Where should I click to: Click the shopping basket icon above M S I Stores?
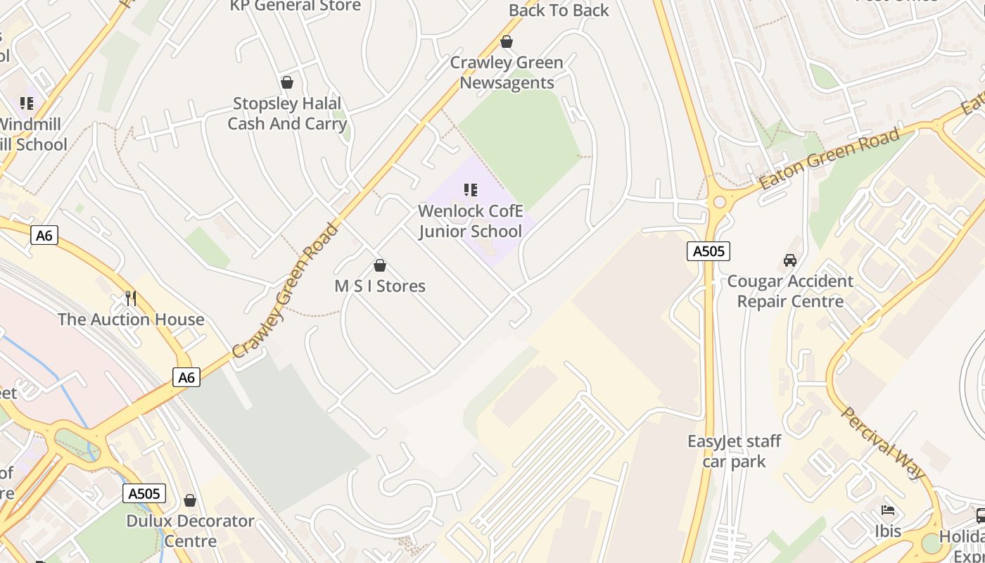[380, 265]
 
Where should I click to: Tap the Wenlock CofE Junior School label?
[471, 221]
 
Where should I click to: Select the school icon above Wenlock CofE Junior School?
[471, 189]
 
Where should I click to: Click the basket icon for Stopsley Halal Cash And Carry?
[286, 83]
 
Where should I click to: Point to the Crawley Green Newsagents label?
[507, 72]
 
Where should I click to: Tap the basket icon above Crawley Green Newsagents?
[506, 42]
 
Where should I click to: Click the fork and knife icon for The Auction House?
[130, 298]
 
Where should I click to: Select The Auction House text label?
[131, 320]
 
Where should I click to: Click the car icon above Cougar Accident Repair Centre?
[790, 260]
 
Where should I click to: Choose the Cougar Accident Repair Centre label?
[790, 291]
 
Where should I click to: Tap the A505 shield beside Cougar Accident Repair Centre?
[708, 251]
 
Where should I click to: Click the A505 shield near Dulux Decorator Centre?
[145, 493]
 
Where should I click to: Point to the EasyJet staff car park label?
[735, 452]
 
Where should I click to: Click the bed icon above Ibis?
[888, 510]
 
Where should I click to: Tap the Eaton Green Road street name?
[830, 159]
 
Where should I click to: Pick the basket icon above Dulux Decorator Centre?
[190, 500]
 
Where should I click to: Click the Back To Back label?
[559, 10]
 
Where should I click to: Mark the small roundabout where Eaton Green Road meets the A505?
[719, 203]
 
